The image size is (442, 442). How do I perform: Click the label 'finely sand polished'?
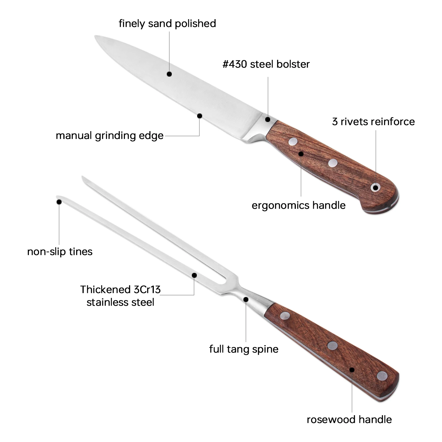pyautogui.click(x=167, y=24)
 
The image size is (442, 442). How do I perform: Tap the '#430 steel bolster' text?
pyautogui.click(x=266, y=64)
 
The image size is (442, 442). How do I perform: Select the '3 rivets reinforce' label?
pyautogui.click(x=373, y=122)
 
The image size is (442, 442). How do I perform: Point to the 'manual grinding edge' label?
pyautogui.click(x=110, y=136)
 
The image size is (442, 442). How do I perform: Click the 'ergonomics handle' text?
pyautogui.click(x=298, y=205)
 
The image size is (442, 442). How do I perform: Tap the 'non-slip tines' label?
pyautogui.click(x=60, y=252)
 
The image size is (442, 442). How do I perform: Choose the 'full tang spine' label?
pyautogui.click(x=244, y=349)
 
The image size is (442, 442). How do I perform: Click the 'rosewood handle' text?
pyautogui.click(x=349, y=420)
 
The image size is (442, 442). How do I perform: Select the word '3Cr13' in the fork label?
pyautogui.click(x=147, y=290)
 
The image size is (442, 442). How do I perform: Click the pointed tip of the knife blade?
pyautogui.click(x=96, y=36)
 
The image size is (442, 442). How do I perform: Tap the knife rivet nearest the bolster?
pyautogui.click(x=293, y=142)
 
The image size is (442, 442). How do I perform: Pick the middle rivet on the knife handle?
pyautogui.click(x=333, y=163)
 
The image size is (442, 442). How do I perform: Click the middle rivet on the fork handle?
pyautogui.click(x=332, y=346)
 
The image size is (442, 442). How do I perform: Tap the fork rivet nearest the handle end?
pyautogui.click(x=382, y=376)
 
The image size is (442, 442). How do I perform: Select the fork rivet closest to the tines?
pyautogui.click(x=285, y=316)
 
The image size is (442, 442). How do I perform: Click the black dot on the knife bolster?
pyautogui.click(x=268, y=119)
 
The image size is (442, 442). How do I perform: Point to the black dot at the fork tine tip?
pyautogui.click(x=59, y=202)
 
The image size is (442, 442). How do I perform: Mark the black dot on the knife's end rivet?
pyautogui.click(x=375, y=187)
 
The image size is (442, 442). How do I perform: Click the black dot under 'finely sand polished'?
pyautogui.click(x=169, y=74)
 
